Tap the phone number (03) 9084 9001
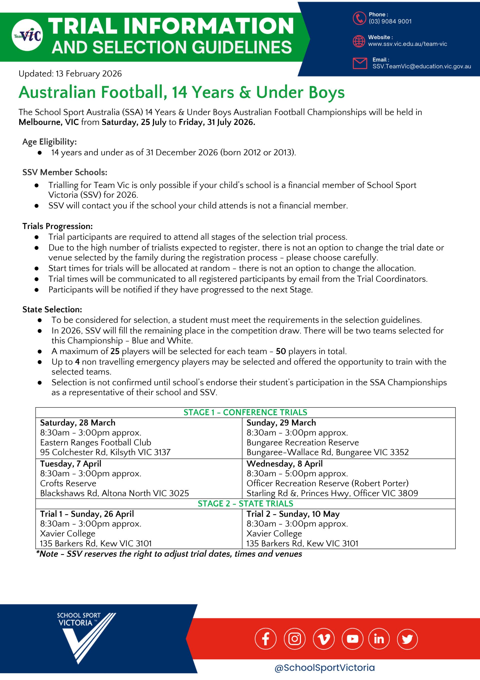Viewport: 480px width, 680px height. coord(390,21)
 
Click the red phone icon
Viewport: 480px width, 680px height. coord(359,18)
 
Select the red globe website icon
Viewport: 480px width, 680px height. coord(359,41)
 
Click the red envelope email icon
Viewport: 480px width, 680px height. coord(360,63)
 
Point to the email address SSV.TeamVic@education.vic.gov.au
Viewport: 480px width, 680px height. coord(421,66)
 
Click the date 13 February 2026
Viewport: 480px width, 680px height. coord(88,74)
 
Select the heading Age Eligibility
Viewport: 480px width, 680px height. coord(49,142)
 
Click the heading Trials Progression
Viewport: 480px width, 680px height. coord(57,226)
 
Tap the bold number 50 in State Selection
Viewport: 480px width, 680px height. coord(280,351)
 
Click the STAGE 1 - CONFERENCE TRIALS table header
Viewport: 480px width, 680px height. coord(245,412)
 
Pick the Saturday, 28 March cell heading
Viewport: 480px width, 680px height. coord(77,423)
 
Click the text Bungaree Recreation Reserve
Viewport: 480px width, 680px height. coord(302,442)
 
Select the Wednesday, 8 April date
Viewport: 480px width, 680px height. coord(284,464)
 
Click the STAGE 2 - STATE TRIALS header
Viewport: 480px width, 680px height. coord(245,504)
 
